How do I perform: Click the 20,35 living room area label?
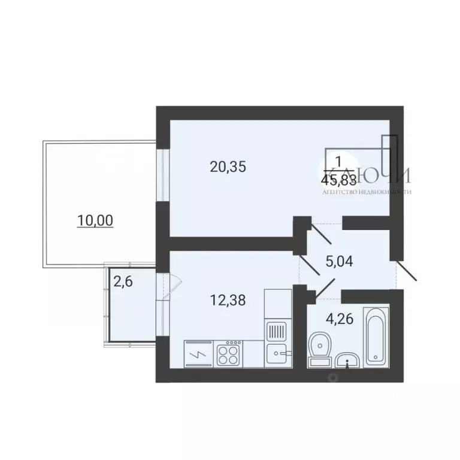pos(228,167)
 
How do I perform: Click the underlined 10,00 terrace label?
pos(95,220)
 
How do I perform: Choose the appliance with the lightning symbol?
pos(197,353)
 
